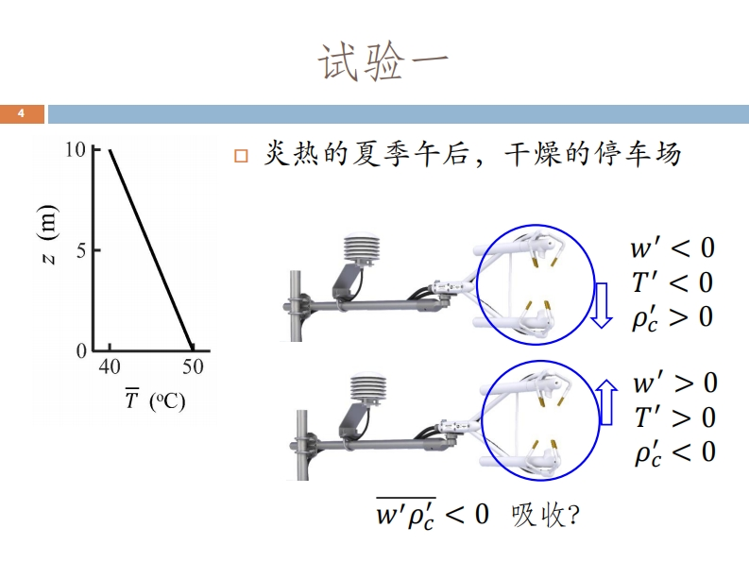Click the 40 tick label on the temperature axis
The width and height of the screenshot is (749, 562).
tap(110, 368)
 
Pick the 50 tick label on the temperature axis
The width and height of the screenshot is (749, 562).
tap(194, 368)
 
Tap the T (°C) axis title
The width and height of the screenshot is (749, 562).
tap(155, 400)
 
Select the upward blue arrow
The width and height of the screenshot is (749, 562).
tap(607, 402)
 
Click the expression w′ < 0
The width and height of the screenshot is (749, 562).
tap(672, 248)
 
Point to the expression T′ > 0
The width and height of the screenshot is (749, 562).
tap(674, 417)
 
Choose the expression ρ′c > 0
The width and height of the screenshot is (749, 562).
tap(672, 317)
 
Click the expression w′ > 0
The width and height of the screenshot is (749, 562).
tap(674, 383)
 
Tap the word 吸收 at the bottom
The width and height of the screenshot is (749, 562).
tap(535, 515)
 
